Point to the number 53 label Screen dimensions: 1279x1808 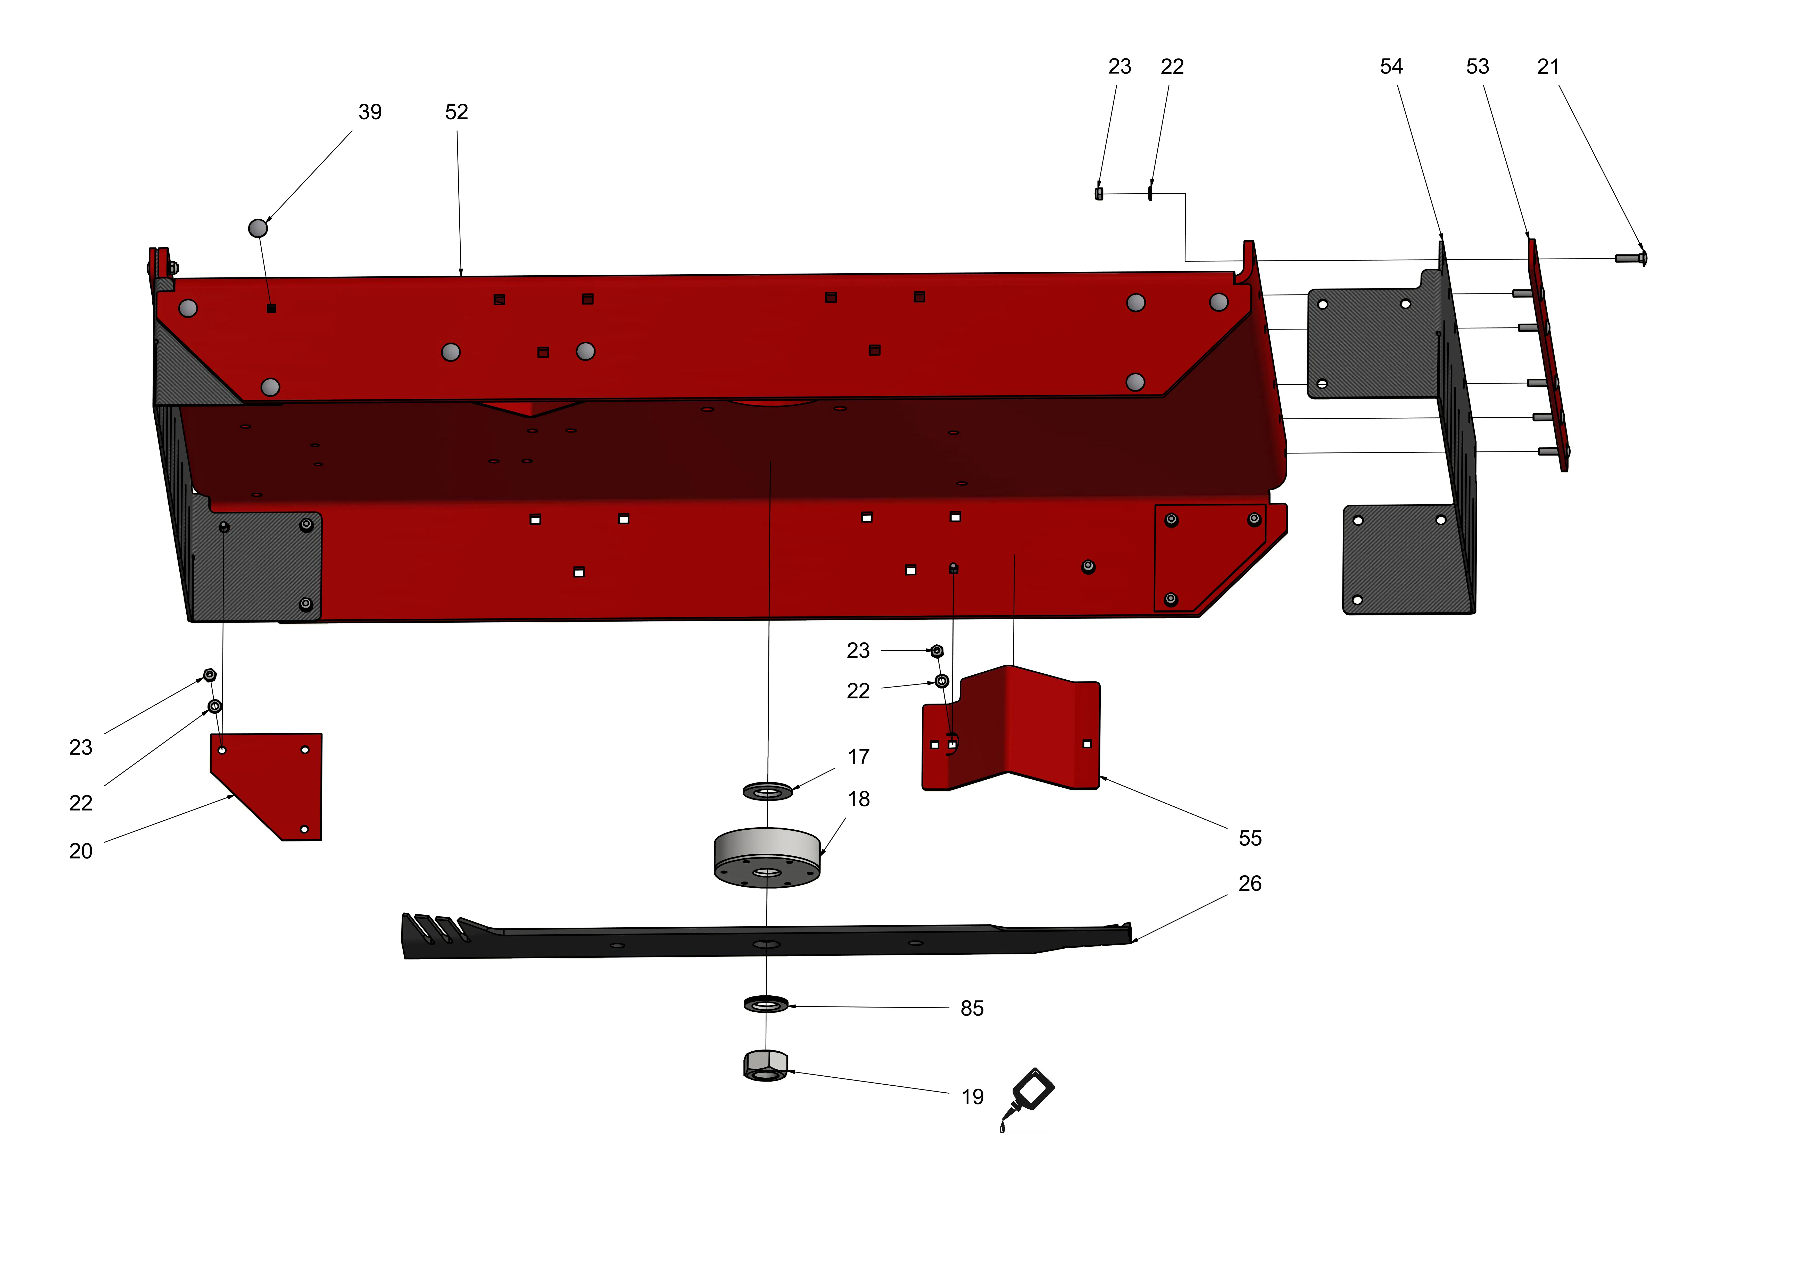1477,67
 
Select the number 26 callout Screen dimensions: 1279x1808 1250,884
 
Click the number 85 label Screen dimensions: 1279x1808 972,1009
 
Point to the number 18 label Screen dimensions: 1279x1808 858,799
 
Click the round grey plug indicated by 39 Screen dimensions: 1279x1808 258,228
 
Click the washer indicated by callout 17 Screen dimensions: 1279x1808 768,791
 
